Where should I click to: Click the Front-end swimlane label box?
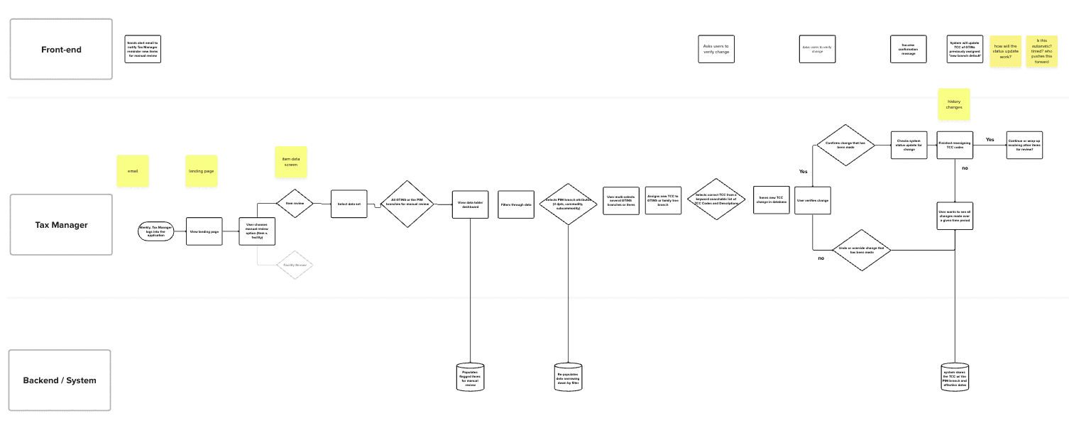[x=61, y=49]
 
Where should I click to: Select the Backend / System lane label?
[x=60, y=380]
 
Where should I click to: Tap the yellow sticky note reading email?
[x=133, y=171]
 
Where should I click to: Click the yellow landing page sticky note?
[x=201, y=171]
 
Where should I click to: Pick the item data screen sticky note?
[x=291, y=162]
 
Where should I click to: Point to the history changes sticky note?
[x=954, y=104]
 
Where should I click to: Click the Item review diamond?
[x=295, y=203]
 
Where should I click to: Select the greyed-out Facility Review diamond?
[x=295, y=265]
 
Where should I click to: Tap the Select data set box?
[x=349, y=204]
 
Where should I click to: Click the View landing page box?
[x=203, y=231]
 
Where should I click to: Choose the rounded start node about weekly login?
[x=155, y=231]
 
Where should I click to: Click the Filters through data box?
[x=516, y=204]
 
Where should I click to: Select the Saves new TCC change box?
[x=772, y=201]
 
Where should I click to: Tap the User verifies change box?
[x=813, y=201]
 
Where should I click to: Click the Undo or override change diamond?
[x=861, y=249]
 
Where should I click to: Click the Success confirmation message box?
[x=909, y=49]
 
